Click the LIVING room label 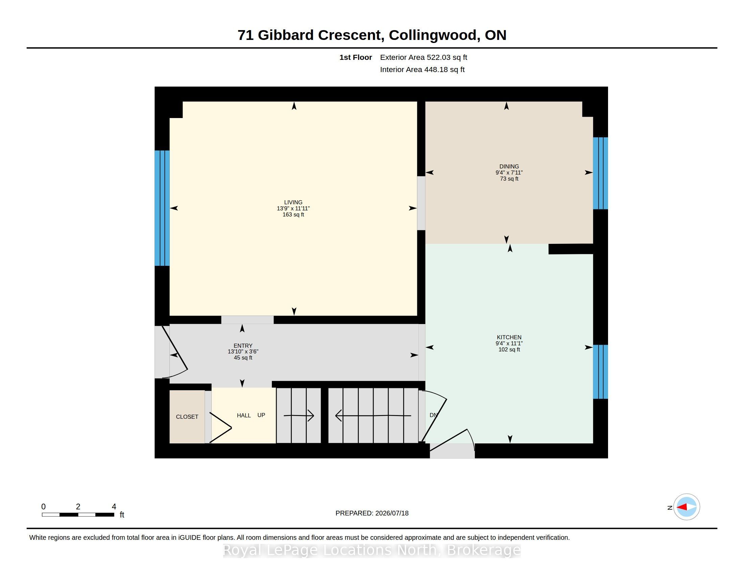(x=293, y=202)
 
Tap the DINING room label (x=509, y=166)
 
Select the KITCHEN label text (x=509, y=337)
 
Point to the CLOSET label (x=187, y=417)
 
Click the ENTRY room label (x=243, y=345)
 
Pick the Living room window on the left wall (x=162, y=208)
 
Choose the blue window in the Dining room (x=600, y=173)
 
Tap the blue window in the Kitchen (x=600, y=372)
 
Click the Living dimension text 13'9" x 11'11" (x=293, y=208)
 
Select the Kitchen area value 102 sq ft (x=509, y=349)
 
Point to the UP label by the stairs (x=261, y=415)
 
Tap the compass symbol (x=687, y=507)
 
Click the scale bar (x=78, y=515)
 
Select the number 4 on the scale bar (x=114, y=507)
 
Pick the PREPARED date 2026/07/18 (x=392, y=513)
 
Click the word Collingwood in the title (x=433, y=35)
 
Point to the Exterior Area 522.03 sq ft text (x=423, y=57)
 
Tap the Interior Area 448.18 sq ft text (x=422, y=69)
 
